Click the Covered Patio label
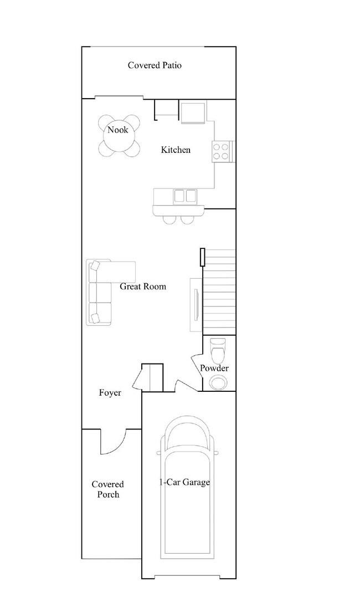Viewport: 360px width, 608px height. (155, 65)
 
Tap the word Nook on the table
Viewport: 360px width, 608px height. (117, 130)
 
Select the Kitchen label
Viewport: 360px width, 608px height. (176, 150)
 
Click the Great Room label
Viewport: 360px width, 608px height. (143, 287)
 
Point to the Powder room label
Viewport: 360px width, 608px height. (214, 368)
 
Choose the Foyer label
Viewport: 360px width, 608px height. (110, 393)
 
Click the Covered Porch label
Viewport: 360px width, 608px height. (107, 489)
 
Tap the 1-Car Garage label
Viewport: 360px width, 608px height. (185, 482)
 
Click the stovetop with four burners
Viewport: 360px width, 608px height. (222, 151)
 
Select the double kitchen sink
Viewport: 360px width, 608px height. (185, 196)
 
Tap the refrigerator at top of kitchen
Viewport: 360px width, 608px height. (193, 113)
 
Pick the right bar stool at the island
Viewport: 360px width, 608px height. (187, 219)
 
